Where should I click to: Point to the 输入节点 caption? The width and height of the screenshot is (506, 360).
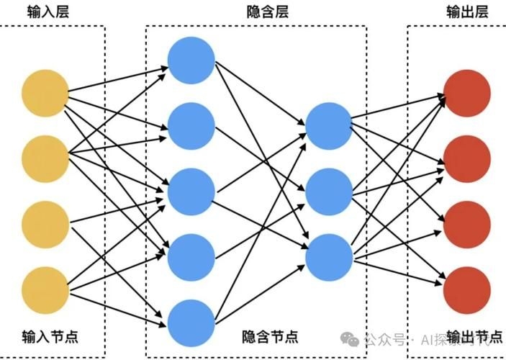point(47,336)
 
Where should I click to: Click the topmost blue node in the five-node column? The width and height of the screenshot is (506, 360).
point(191,59)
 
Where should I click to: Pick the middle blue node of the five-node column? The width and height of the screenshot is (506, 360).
point(191,192)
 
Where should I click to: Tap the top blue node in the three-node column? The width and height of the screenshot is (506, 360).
point(329,125)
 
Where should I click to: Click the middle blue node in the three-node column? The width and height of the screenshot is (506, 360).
point(329,192)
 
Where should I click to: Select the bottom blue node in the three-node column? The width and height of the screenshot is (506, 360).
point(329,257)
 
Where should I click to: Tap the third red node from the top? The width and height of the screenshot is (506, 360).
point(468,225)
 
